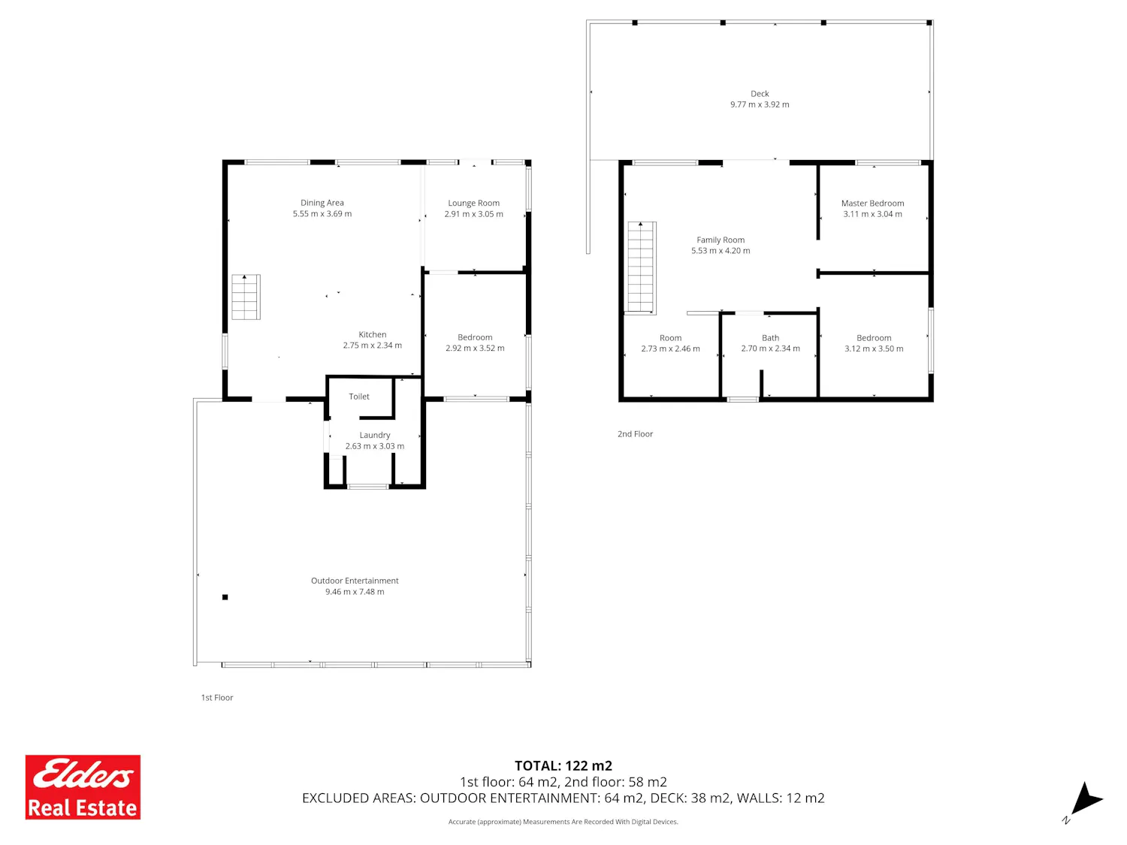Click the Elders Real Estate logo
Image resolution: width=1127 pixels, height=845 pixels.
tap(83, 786)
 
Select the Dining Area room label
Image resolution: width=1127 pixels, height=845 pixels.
tap(322, 203)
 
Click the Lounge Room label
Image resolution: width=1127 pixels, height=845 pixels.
tap(473, 203)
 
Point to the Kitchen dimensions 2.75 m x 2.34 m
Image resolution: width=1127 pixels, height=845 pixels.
tap(372, 346)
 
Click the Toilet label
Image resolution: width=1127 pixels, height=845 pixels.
tap(359, 396)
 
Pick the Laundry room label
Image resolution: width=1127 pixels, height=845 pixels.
tap(375, 435)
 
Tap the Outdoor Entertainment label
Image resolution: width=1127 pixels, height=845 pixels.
tap(355, 581)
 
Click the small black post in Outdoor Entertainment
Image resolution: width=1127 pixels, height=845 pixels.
tap(225, 596)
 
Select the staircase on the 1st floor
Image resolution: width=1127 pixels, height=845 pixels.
tap(246, 297)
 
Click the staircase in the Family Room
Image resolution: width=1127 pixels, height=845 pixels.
tap(642, 267)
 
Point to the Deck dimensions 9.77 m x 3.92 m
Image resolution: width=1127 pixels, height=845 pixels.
tap(760, 104)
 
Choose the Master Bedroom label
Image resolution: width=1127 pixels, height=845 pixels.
tap(872, 203)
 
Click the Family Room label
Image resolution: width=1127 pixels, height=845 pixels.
tap(721, 240)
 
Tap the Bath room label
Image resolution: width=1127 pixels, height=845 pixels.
tap(770, 337)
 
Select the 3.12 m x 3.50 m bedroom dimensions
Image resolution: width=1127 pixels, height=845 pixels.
tap(873, 349)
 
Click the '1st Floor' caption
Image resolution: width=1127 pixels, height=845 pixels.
tap(216, 697)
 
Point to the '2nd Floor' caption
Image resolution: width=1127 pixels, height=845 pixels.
tap(635, 433)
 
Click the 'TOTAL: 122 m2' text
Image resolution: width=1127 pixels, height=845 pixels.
tap(563, 765)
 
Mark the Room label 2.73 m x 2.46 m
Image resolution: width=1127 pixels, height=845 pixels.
tap(670, 343)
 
